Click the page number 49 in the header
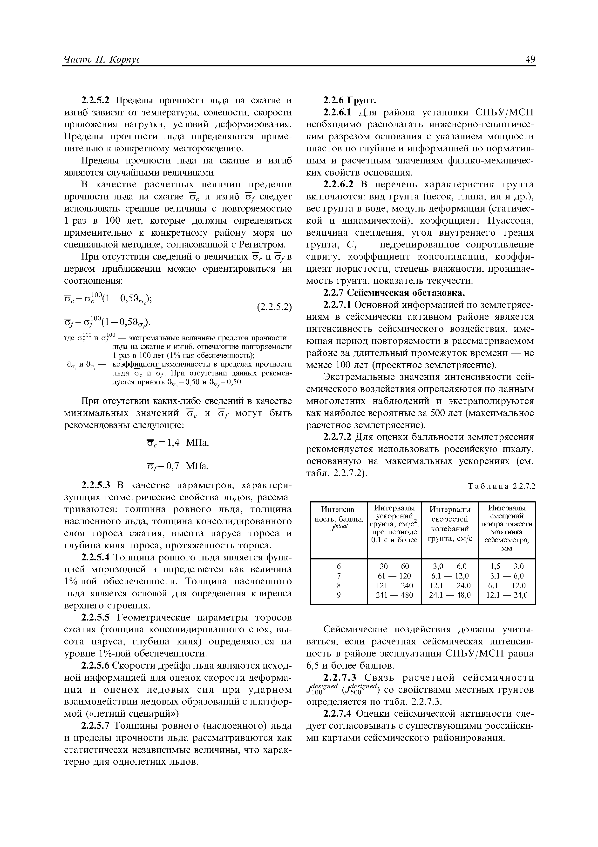[x=530, y=59]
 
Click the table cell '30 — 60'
[x=394, y=566]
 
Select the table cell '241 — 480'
[x=394, y=595]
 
